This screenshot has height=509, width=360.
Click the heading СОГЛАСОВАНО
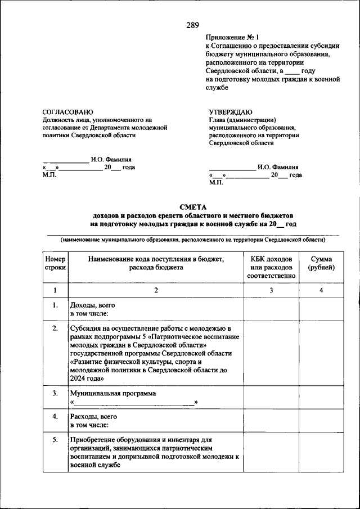tap(68, 112)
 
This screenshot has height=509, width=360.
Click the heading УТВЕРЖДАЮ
tap(231, 112)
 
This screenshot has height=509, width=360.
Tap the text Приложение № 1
tap(232, 38)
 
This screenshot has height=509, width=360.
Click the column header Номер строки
tap(55, 263)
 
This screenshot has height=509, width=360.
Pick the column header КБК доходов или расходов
tap(271, 267)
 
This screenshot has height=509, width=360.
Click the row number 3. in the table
tap(55, 393)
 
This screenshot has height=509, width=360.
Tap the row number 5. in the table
tap(55, 439)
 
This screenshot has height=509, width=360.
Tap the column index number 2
tap(156, 290)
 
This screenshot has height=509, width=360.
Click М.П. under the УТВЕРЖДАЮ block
tap(216, 182)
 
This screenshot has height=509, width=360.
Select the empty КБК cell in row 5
tap(271, 453)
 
